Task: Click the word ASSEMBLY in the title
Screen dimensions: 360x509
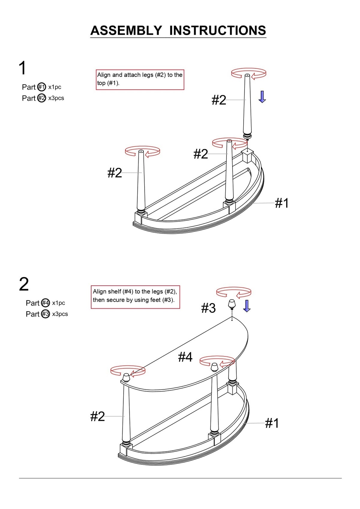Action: click(126, 30)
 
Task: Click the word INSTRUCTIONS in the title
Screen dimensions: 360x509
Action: click(217, 30)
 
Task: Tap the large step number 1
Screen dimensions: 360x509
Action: click(22, 67)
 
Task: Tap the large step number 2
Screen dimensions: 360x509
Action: click(24, 284)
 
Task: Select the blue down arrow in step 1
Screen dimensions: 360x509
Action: click(262, 97)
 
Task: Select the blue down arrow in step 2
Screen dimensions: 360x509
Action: click(247, 306)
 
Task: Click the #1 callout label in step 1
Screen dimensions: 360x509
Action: click(281, 203)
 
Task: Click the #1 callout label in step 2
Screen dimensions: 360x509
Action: click(272, 423)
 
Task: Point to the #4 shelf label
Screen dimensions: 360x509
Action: click(185, 356)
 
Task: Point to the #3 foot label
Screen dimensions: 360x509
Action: click(208, 308)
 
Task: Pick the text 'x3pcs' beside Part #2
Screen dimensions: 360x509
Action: click(56, 98)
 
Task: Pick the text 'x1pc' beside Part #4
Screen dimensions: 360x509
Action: click(58, 303)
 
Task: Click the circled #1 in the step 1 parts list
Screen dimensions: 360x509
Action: click(42, 87)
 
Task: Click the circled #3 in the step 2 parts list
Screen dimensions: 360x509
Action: click(46, 314)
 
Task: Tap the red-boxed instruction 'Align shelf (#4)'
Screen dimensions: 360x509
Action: click(135, 297)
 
